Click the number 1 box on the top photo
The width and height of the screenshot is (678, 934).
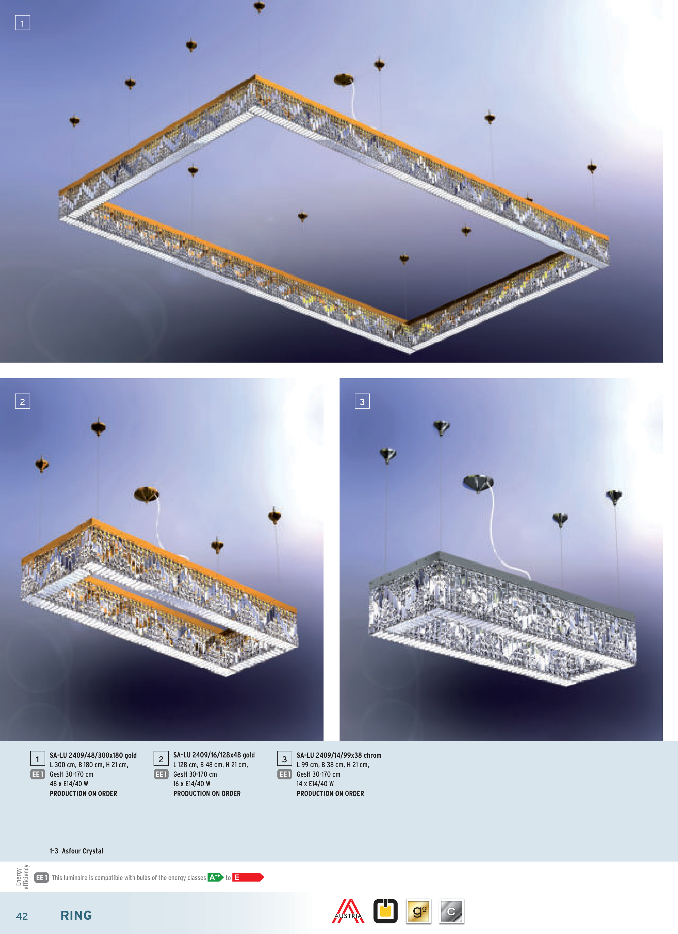click(22, 23)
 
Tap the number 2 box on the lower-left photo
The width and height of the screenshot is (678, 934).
click(22, 401)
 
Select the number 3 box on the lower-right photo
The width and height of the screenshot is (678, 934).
click(362, 401)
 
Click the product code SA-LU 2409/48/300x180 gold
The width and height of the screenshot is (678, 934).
click(93, 755)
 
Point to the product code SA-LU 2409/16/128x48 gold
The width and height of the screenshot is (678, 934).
click(214, 755)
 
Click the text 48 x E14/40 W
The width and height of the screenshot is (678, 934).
click(69, 784)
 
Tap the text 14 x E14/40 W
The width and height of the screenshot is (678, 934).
click(315, 784)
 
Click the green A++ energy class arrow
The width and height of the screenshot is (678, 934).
click(215, 877)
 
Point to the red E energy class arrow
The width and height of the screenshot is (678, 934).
click(248, 877)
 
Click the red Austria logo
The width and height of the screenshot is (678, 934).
click(348, 911)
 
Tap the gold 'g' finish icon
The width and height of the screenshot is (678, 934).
click(418, 911)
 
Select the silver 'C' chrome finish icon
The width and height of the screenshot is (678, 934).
click(452, 911)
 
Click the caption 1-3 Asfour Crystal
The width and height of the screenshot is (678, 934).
click(76, 851)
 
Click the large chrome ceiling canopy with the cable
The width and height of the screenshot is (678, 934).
click(478, 483)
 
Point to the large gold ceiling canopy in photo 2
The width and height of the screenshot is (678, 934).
click(146, 494)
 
